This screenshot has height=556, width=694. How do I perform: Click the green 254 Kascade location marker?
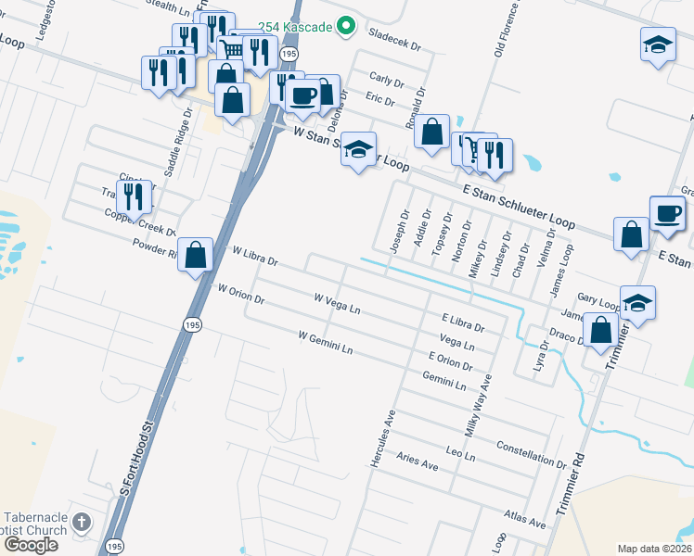(x=346, y=26)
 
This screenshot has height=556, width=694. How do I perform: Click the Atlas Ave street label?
(x=525, y=517)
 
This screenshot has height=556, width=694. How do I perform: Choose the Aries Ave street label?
(x=417, y=461)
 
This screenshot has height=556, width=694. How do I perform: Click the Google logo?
(x=31, y=545)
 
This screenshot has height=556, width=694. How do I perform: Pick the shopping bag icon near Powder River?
(x=196, y=255)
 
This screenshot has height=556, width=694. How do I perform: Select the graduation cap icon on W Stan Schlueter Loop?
(x=358, y=150)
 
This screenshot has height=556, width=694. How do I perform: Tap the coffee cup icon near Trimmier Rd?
(x=667, y=213)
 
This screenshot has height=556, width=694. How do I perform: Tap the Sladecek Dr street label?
(x=394, y=43)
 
